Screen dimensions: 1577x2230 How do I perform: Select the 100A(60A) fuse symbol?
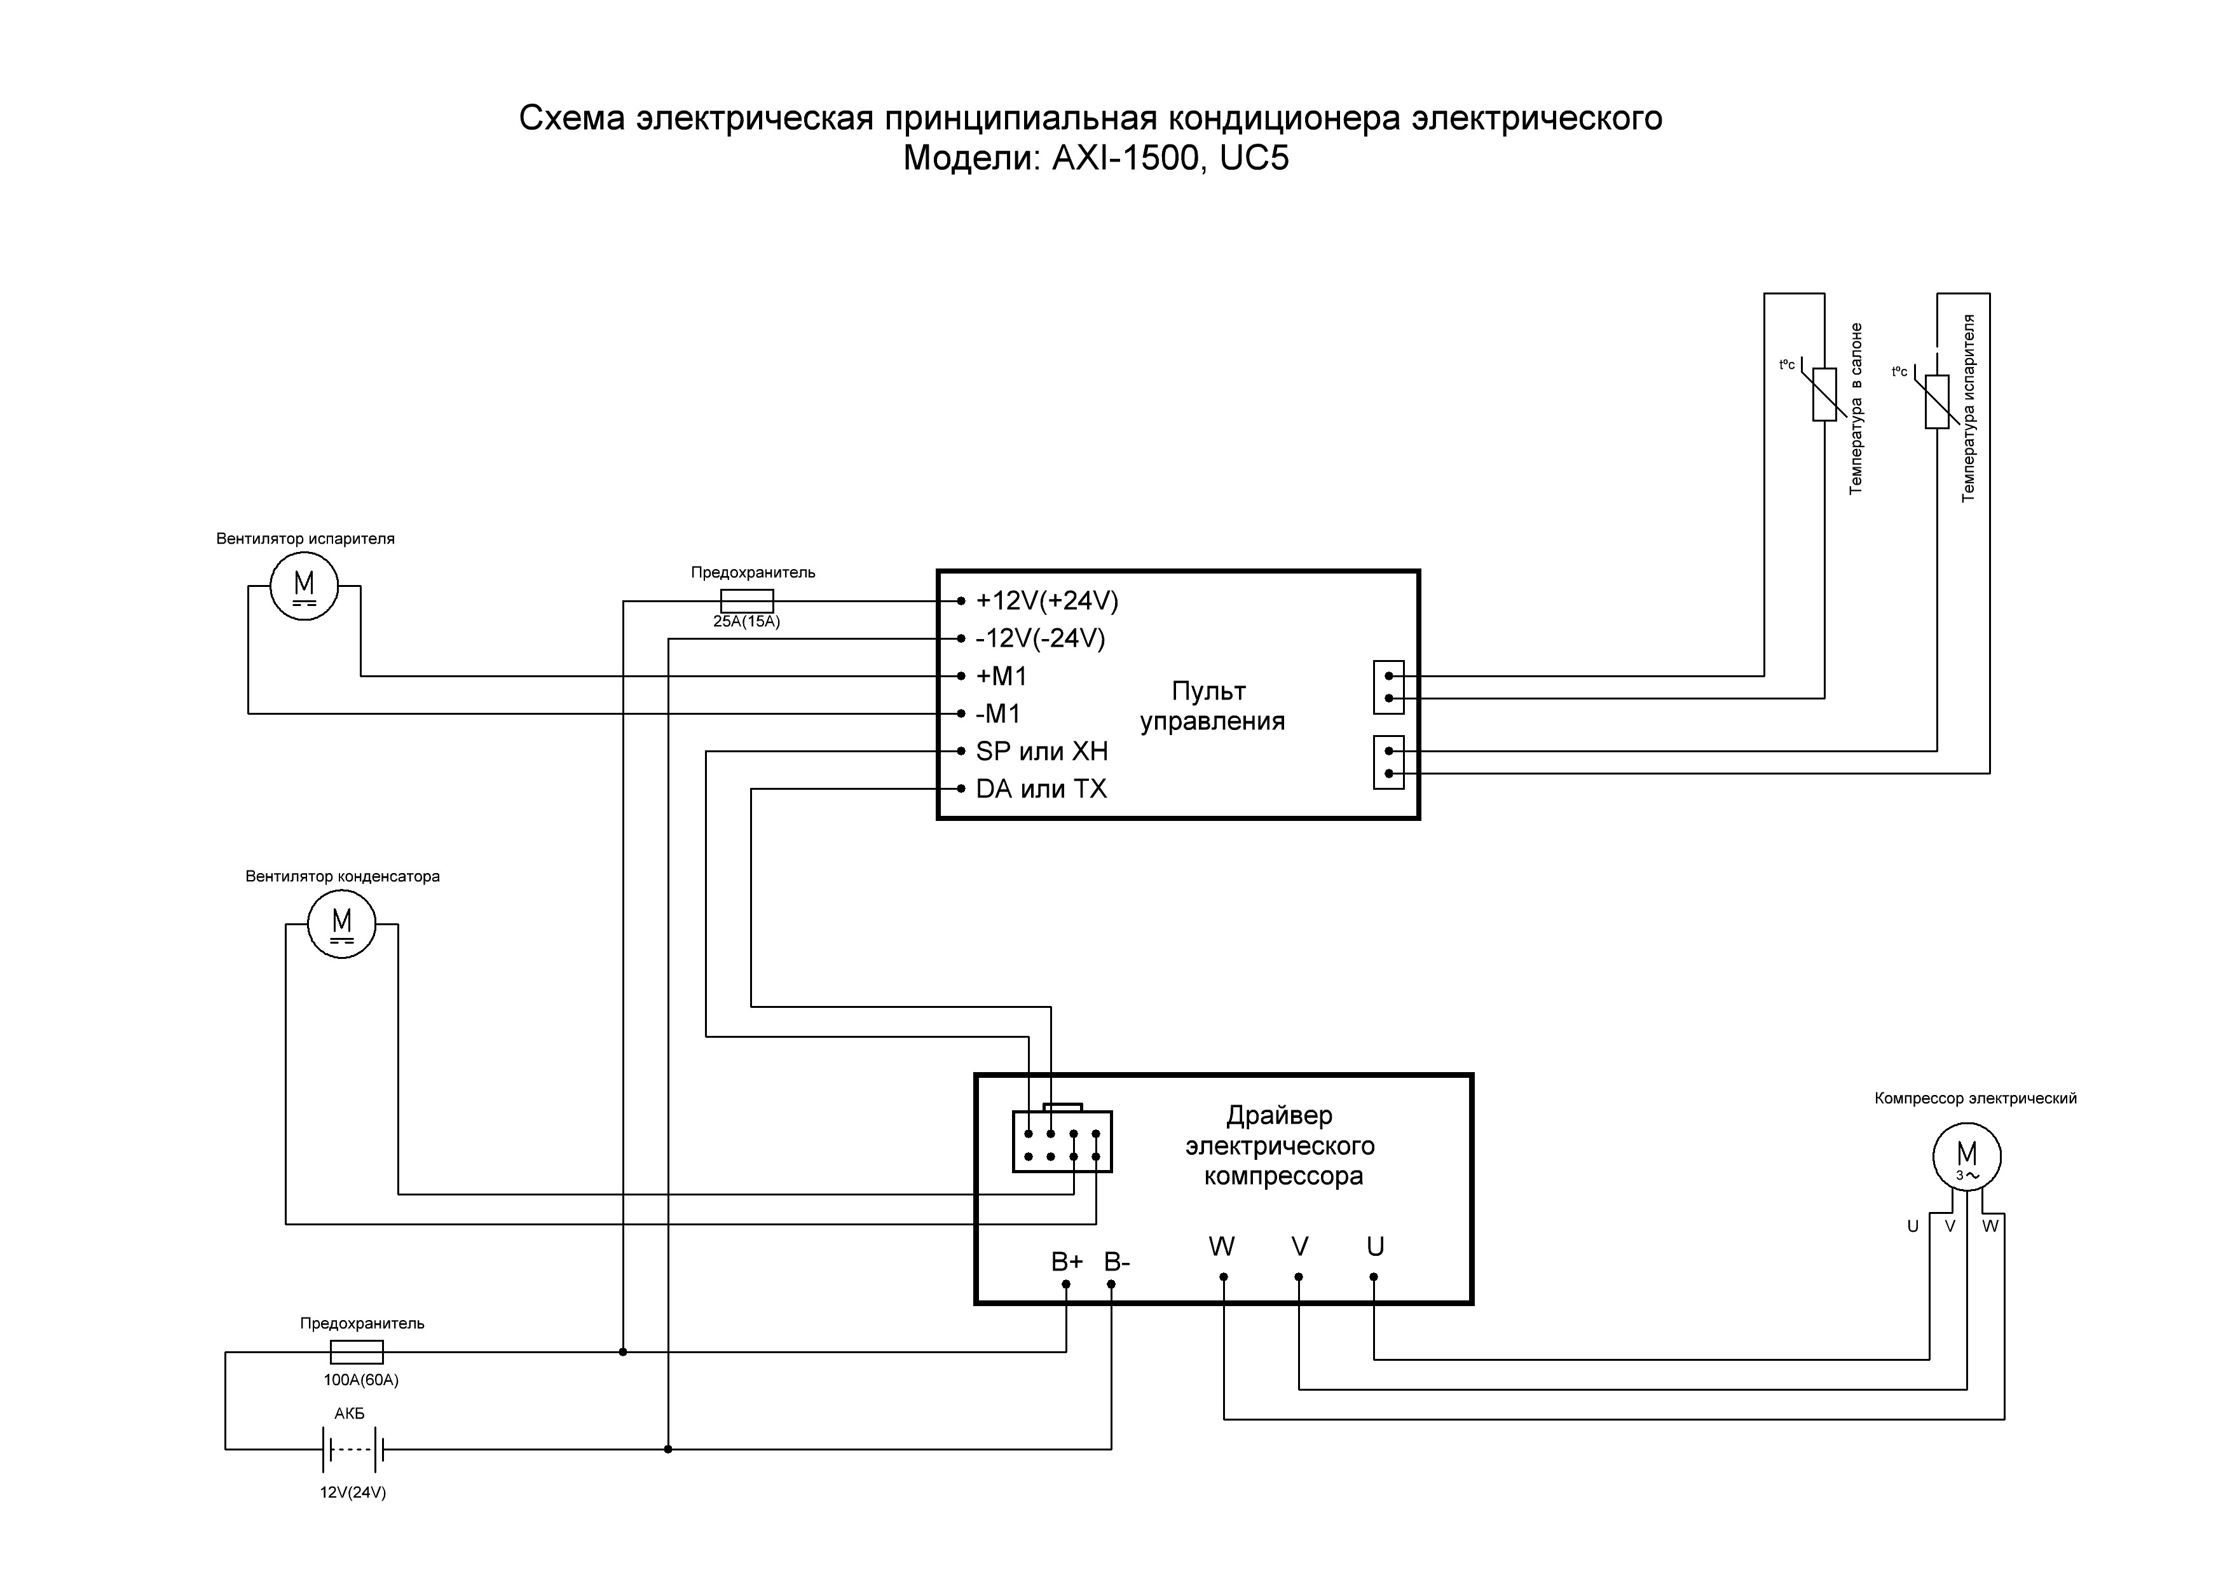tap(357, 1351)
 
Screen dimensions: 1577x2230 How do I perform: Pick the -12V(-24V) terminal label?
tap(1040, 638)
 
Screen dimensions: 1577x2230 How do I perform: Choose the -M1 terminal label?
tap(999, 714)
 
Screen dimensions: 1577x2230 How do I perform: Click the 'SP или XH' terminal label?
tap(1041, 751)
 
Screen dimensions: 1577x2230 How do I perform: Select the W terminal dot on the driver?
tap(1224, 1277)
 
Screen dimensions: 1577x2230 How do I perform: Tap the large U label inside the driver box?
tap(1375, 1246)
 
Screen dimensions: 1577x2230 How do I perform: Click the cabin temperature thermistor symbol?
tap(1824, 394)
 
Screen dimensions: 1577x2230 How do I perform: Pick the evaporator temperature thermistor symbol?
tap(1937, 401)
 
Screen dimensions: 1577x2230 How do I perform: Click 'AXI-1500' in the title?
tap(1126, 158)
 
